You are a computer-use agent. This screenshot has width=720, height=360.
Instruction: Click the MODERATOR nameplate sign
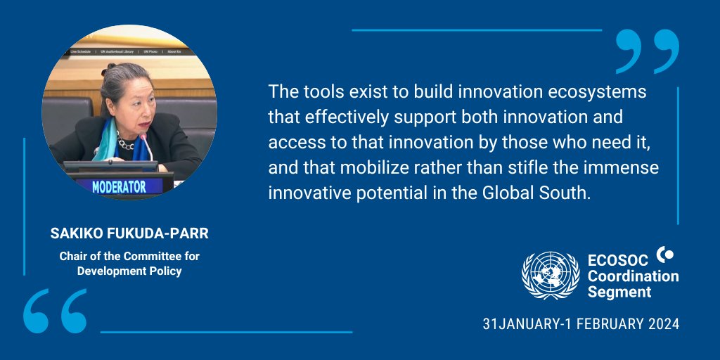coord(119,186)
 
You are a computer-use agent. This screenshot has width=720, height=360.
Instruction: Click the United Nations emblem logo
coord(551,276)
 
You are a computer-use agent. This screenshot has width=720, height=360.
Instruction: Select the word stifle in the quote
coord(514,168)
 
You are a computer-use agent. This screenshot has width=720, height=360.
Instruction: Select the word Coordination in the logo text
coord(633,276)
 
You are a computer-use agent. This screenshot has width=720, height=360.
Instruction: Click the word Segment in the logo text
coord(619,292)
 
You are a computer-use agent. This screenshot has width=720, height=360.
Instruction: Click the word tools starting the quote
coord(319,92)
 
